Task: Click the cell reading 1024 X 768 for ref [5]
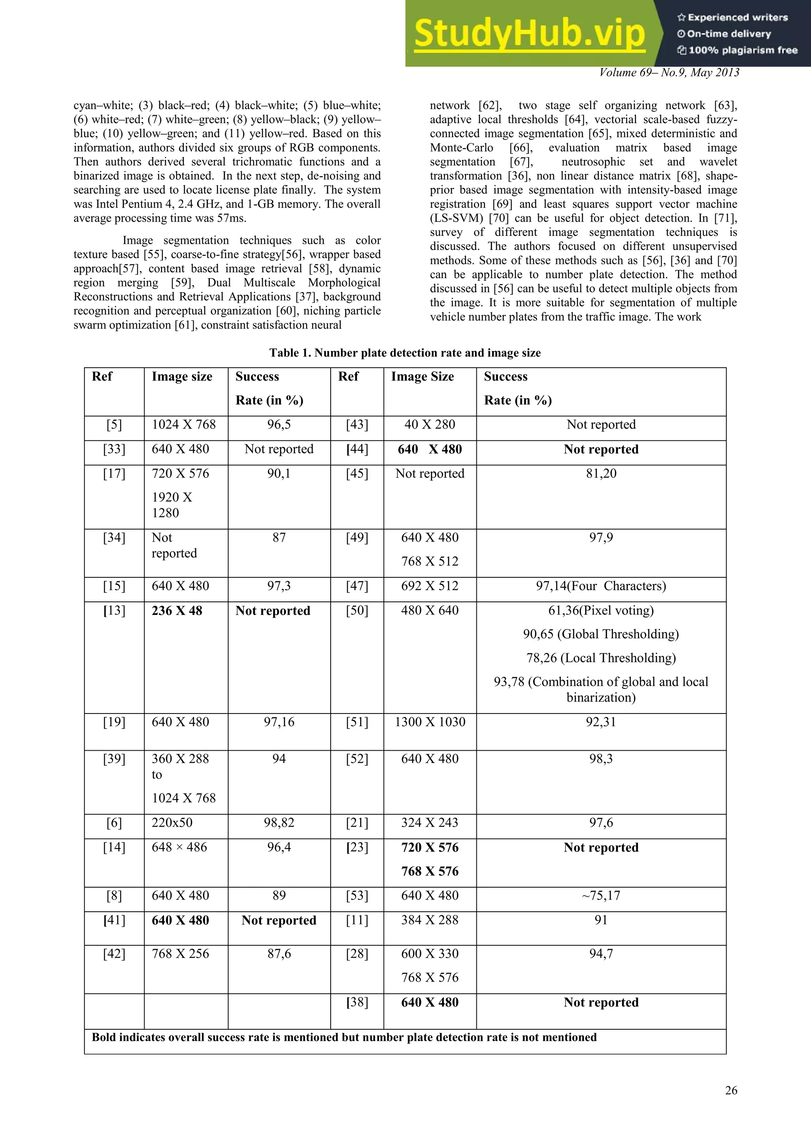[184, 425]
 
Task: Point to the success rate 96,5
[279, 425]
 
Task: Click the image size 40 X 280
[430, 425]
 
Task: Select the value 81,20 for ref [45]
[601, 474]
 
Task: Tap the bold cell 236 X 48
[177, 611]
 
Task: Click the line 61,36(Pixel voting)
[601, 611]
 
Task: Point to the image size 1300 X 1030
[430, 722]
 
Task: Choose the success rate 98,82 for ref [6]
[279, 823]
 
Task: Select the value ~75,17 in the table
[601, 896]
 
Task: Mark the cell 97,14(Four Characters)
[601, 586]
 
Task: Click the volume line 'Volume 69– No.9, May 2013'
[669, 73]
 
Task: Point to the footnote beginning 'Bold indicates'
[344, 1037]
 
